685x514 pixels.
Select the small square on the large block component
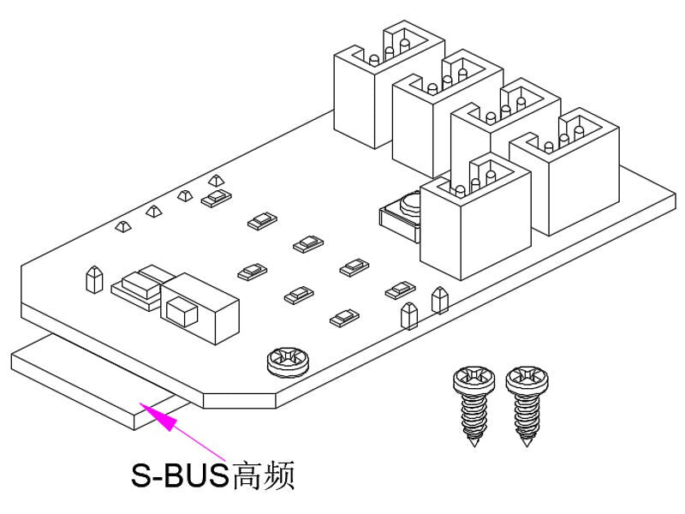pos(180,309)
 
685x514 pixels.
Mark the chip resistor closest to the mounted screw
pos(341,319)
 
